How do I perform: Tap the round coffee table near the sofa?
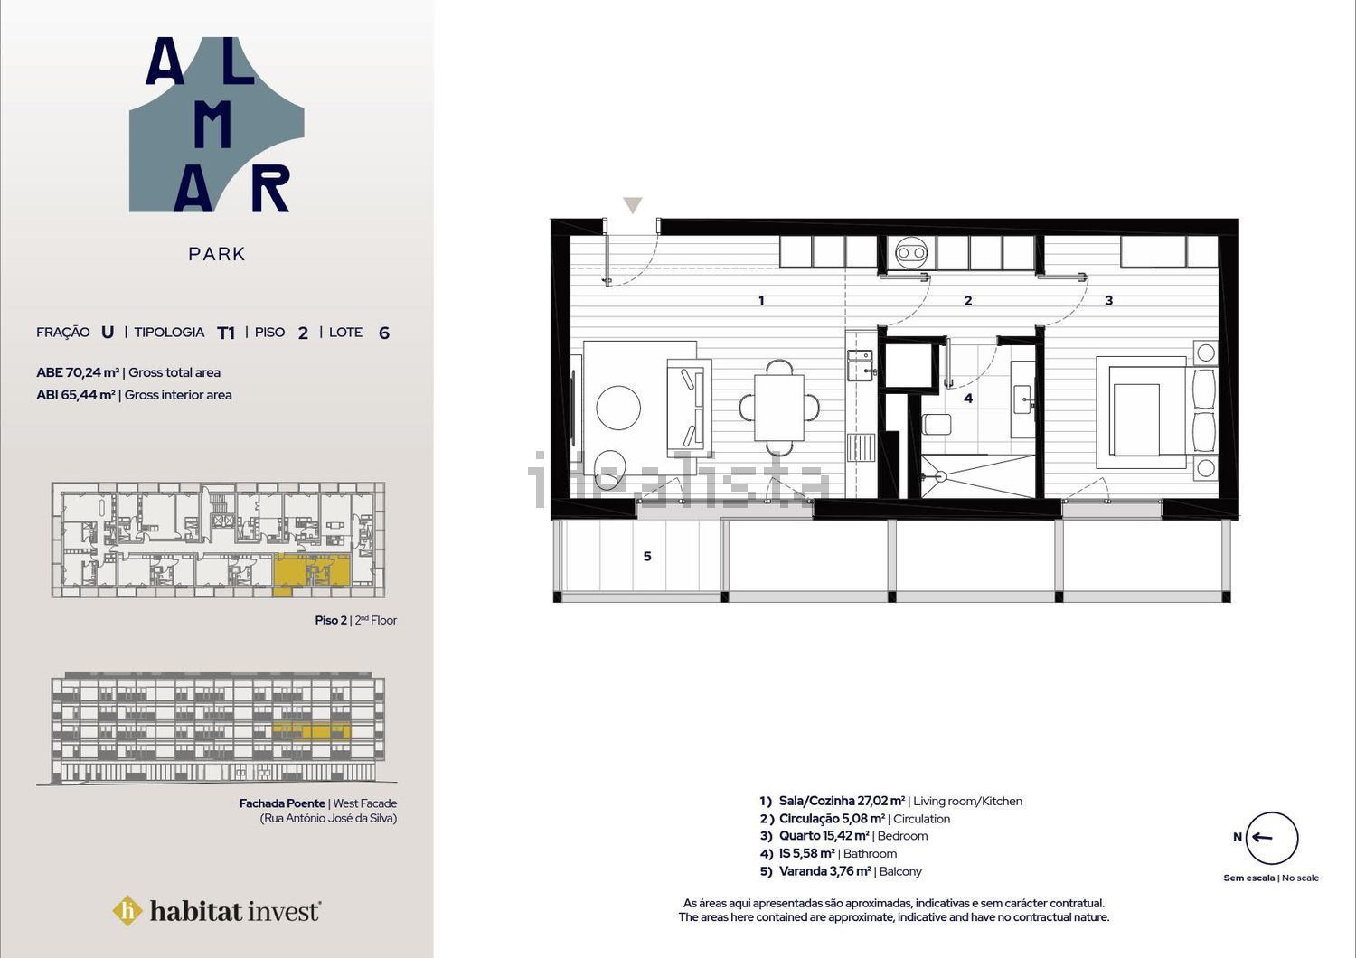click(x=618, y=408)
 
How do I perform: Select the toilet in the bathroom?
click(x=937, y=424)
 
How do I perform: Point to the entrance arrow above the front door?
click(x=633, y=204)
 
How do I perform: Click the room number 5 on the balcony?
click(x=647, y=556)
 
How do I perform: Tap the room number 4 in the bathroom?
click(x=968, y=399)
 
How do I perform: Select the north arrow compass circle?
click(x=1272, y=838)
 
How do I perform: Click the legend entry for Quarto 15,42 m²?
click(x=843, y=836)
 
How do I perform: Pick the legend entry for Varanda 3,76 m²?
click(x=841, y=871)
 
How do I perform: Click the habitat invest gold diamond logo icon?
click(x=127, y=911)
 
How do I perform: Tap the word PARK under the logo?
click(x=217, y=254)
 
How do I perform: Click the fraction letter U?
click(x=108, y=333)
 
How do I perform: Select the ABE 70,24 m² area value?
click(x=78, y=372)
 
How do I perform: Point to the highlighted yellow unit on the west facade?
click(x=311, y=731)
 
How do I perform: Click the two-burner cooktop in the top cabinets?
click(x=911, y=252)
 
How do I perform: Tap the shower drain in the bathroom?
click(x=940, y=477)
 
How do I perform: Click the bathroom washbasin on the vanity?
click(x=1022, y=399)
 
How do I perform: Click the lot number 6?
click(x=384, y=333)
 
